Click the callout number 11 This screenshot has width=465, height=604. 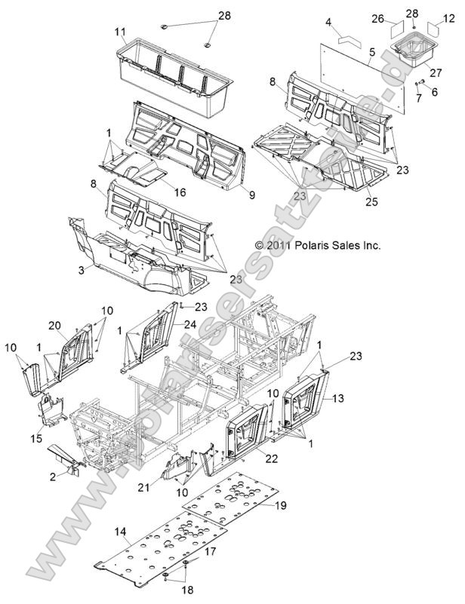pos(119,32)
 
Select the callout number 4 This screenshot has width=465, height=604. pos(328,23)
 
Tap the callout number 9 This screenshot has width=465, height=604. pos(251,195)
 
